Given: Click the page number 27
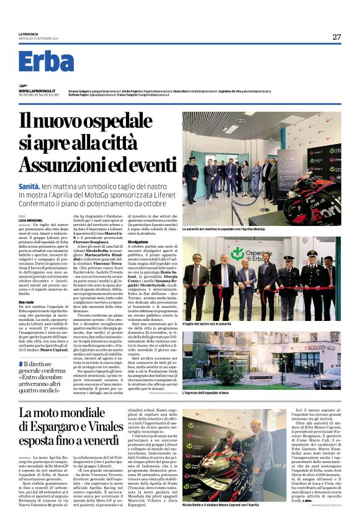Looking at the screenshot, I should click(336, 37).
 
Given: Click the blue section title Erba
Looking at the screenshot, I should click(46, 61).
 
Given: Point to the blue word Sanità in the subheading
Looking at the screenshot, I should click(30, 186).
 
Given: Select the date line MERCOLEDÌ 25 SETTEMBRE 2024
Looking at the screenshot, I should click(38, 39).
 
